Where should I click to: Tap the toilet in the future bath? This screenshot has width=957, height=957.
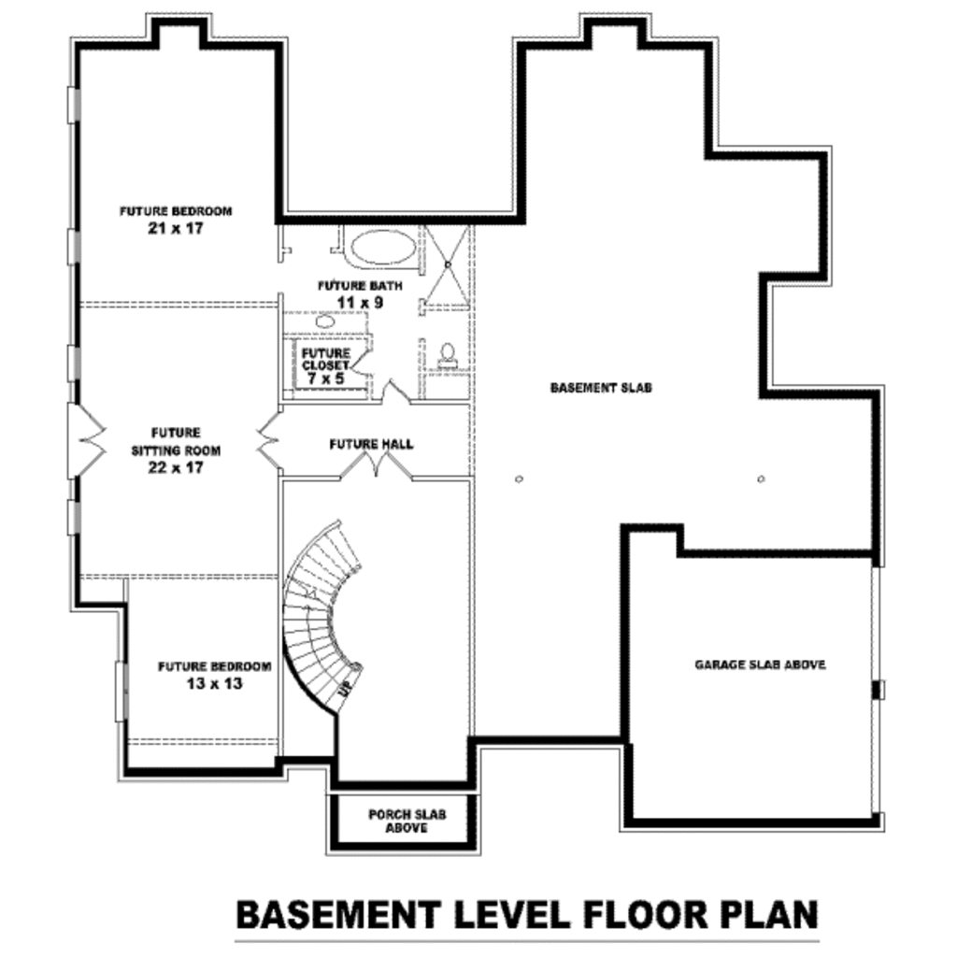(448, 354)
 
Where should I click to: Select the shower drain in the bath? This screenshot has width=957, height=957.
(448, 265)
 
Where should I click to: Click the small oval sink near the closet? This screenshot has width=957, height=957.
(325, 321)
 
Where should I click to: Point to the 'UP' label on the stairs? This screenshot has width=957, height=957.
(345, 689)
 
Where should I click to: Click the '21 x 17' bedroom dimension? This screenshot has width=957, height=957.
(175, 228)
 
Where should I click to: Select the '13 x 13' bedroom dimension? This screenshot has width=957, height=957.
(214, 684)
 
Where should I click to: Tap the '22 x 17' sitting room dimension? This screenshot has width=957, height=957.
(176, 467)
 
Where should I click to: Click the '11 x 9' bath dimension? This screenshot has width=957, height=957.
(360, 303)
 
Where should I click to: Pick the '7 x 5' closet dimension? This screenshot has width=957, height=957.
(325, 379)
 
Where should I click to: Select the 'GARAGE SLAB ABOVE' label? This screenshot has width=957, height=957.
(760, 665)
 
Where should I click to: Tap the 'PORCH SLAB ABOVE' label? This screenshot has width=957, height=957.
(407, 821)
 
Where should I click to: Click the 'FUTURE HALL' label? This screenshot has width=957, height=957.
(371, 444)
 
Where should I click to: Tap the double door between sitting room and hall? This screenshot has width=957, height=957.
(269, 439)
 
